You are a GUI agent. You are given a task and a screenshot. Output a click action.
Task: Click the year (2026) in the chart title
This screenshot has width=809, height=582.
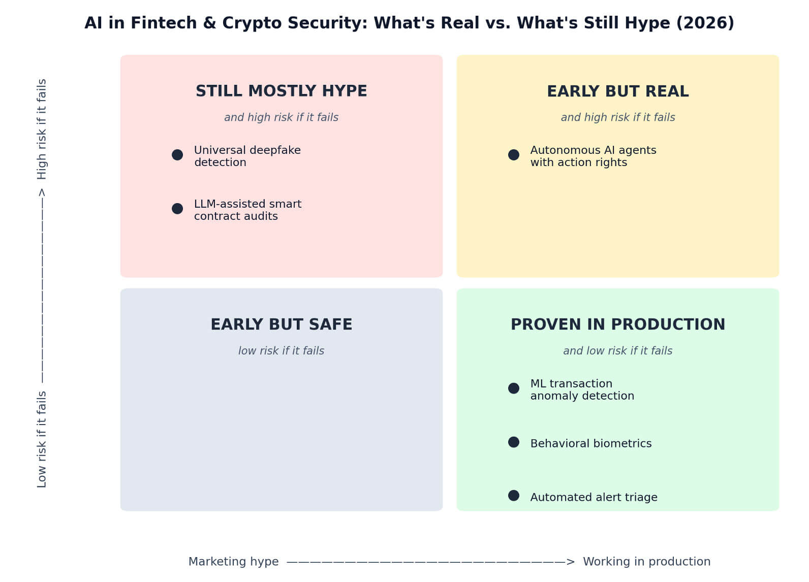[705, 23]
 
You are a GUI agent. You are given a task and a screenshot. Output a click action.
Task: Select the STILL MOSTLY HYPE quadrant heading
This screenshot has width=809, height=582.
[282, 91]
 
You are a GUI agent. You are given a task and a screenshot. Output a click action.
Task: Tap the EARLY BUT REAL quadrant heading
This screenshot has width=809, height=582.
[618, 91]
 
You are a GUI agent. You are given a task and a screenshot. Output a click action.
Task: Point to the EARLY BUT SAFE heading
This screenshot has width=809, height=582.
[282, 325]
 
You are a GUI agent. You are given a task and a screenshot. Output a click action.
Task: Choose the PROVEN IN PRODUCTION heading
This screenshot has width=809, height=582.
[618, 325]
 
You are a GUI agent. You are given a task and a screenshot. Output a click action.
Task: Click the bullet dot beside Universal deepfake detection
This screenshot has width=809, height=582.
[177, 155]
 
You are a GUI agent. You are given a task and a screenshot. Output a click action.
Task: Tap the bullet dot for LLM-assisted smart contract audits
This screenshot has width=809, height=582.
[177, 209]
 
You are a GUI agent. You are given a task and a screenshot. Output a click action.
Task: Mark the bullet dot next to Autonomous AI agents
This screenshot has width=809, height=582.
[514, 155]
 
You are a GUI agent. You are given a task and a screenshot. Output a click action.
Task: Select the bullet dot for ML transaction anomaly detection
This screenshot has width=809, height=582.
[514, 389]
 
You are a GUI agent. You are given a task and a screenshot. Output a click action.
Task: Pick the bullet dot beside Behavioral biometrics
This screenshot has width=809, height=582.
[514, 442]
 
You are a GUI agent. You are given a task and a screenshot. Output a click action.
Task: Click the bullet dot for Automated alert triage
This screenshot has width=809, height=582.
[514, 496]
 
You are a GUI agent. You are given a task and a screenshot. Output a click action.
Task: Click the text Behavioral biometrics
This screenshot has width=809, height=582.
[591, 443]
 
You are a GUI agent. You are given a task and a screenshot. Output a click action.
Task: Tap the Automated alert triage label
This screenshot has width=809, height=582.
[594, 498]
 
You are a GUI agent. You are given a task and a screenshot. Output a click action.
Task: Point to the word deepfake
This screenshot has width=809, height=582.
[275, 150]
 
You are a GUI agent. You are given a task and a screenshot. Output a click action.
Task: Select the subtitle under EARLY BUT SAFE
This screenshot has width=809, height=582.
[282, 351]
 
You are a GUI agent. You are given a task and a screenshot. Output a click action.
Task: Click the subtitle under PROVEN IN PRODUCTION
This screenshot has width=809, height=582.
[618, 351]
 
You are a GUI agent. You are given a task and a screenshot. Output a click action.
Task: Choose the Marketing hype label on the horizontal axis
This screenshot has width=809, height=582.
[234, 562]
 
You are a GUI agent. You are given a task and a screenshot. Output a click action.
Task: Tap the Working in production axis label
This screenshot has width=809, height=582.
[647, 562]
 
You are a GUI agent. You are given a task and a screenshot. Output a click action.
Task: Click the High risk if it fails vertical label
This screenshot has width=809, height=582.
[42, 130]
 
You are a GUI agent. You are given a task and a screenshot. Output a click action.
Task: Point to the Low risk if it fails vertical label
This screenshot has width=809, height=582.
[42, 439]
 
